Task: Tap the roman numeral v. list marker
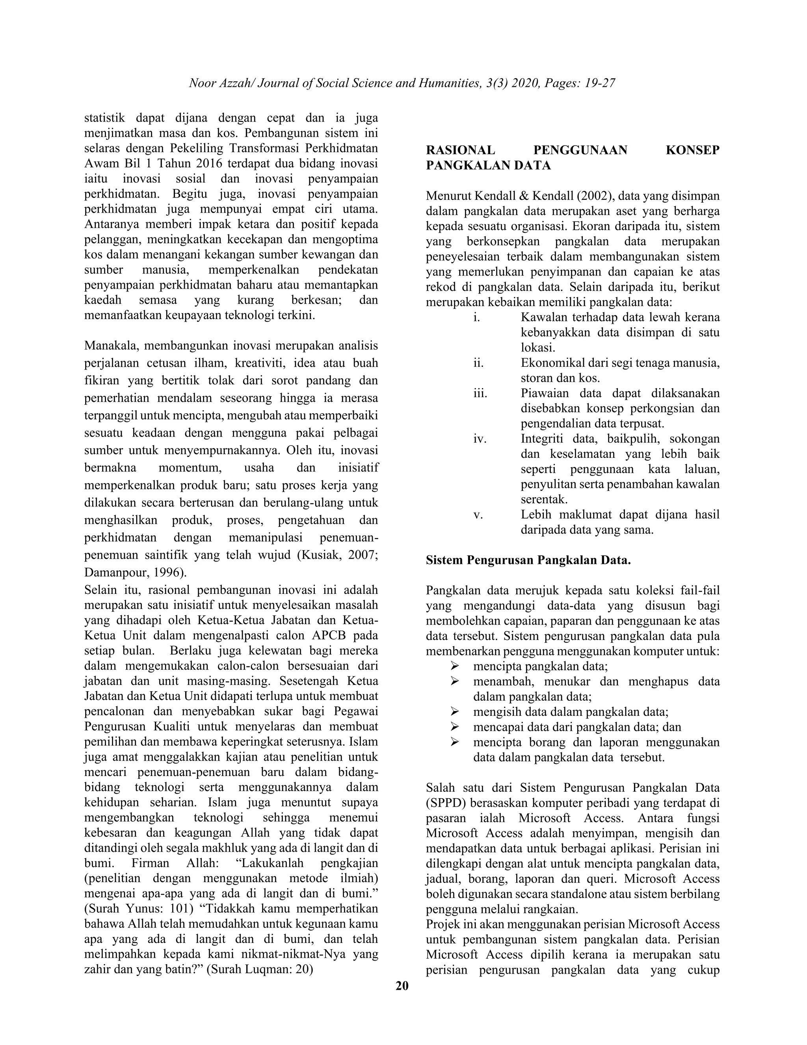point(478,515)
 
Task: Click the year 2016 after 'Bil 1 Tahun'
point(209,164)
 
